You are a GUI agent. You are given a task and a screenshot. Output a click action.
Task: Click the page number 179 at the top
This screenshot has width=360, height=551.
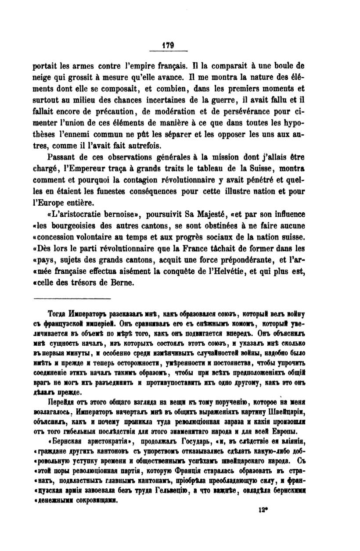(168, 44)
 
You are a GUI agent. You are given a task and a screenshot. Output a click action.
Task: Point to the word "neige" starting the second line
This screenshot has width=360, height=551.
(43, 78)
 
